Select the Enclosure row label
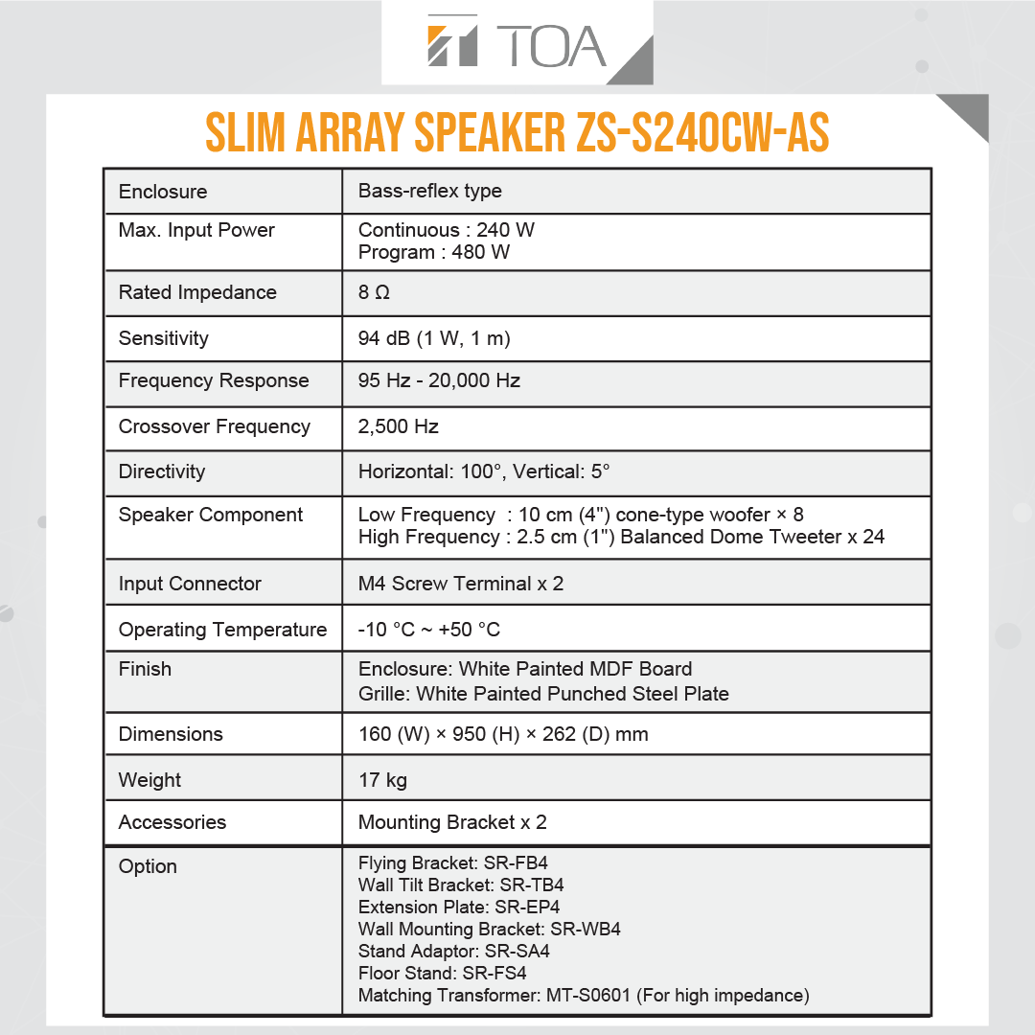(162, 192)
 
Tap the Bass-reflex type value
(429, 191)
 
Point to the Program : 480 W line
(433, 252)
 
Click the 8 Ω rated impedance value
(374, 292)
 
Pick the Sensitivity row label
(163, 338)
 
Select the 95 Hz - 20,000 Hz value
(439, 380)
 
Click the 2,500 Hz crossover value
(398, 426)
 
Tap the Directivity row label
(161, 471)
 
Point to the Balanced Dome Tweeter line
(621, 537)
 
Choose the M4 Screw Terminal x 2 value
(460, 584)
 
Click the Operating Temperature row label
(222, 630)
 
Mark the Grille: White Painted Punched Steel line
(543, 694)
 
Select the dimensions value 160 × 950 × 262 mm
(503, 734)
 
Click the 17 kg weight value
(382, 780)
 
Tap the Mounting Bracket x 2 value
(452, 822)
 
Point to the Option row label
(148, 866)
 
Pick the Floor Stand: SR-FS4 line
(442, 974)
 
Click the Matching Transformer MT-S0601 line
(584, 996)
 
